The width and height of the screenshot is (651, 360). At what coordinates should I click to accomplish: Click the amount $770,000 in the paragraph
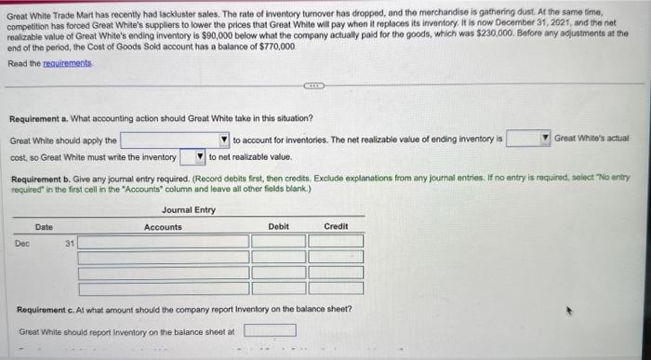276,46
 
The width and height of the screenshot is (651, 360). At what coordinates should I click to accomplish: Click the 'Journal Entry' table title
188,209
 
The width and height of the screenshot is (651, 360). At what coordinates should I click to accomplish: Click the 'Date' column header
44,227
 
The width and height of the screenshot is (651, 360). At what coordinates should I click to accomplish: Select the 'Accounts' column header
163,227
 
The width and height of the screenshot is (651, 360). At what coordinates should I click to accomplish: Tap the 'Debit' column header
278,227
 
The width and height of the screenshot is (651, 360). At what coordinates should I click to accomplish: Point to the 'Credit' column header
336,227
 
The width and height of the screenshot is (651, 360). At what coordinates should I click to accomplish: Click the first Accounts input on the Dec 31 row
163,242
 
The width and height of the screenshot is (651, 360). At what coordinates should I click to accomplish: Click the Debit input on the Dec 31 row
278,242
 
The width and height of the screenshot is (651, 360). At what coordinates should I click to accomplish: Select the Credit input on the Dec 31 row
336,242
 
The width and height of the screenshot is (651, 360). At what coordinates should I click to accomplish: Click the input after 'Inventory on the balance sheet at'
270,330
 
